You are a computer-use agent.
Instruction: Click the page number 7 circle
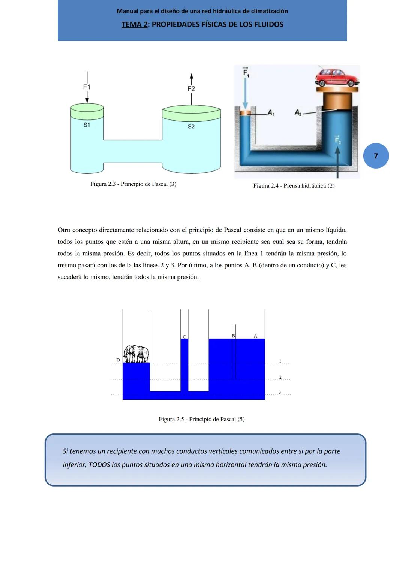pos(376,156)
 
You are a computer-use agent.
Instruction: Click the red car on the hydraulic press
pos(336,78)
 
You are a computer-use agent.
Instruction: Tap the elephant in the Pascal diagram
pos(136,354)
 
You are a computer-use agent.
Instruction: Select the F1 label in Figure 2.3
pos(87,87)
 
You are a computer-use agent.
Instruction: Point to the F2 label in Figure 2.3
pos(191,89)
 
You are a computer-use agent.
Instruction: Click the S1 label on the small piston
pos(87,125)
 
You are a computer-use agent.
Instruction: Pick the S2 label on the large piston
pos(191,127)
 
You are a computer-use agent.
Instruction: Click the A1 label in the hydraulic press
pos(271,112)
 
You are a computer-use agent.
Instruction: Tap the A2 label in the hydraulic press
pos(298,112)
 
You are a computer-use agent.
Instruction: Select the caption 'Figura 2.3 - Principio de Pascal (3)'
pos(133,184)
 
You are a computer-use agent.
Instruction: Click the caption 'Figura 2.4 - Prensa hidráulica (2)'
pos(294,185)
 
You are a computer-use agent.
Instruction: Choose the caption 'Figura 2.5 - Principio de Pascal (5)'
pos(201,419)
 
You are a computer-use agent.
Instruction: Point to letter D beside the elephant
pos(118,360)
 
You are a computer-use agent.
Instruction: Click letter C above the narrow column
pos(184,337)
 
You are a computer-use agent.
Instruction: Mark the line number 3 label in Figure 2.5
pos(280,392)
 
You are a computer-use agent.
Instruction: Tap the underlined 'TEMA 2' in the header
pos(134,25)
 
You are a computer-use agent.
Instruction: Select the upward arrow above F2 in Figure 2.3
pos(191,78)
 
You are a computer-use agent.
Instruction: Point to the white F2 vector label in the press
pos(337,140)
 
